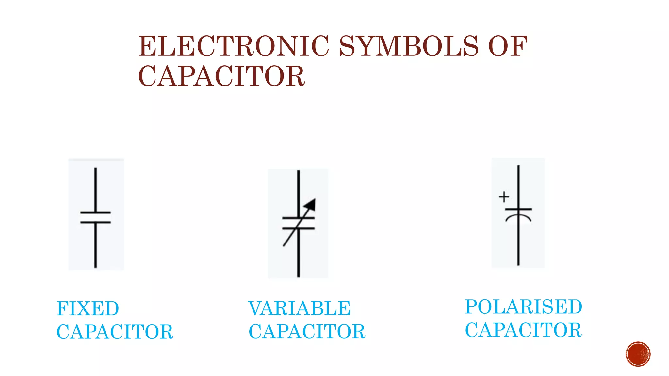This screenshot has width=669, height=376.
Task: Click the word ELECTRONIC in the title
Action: (x=234, y=46)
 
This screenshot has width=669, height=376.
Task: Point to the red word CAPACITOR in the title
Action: (x=221, y=76)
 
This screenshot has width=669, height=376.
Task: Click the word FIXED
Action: (x=88, y=308)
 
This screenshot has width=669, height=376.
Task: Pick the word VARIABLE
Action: (x=299, y=308)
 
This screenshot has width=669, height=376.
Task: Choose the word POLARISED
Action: (x=523, y=307)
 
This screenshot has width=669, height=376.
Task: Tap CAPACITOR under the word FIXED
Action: (x=115, y=332)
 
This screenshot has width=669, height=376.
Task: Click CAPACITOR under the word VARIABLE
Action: (x=307, y=332)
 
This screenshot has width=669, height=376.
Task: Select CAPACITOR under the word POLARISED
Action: (x=523, y=330)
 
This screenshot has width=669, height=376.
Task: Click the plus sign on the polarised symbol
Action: (x=504, y=197)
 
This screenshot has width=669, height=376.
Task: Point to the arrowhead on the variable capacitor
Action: (x=310, y=204)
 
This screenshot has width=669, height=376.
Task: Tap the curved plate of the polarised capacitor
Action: (x=518, y=217)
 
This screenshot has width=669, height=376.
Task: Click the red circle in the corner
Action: (x=638, y=354)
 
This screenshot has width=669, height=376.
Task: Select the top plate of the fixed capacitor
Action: (x=96, y=212)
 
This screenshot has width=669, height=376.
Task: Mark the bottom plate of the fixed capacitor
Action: (x=96, y=222)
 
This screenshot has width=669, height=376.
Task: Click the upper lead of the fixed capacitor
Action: (x=96, y=189)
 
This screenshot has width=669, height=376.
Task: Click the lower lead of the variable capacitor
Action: (x=298, y=258)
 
